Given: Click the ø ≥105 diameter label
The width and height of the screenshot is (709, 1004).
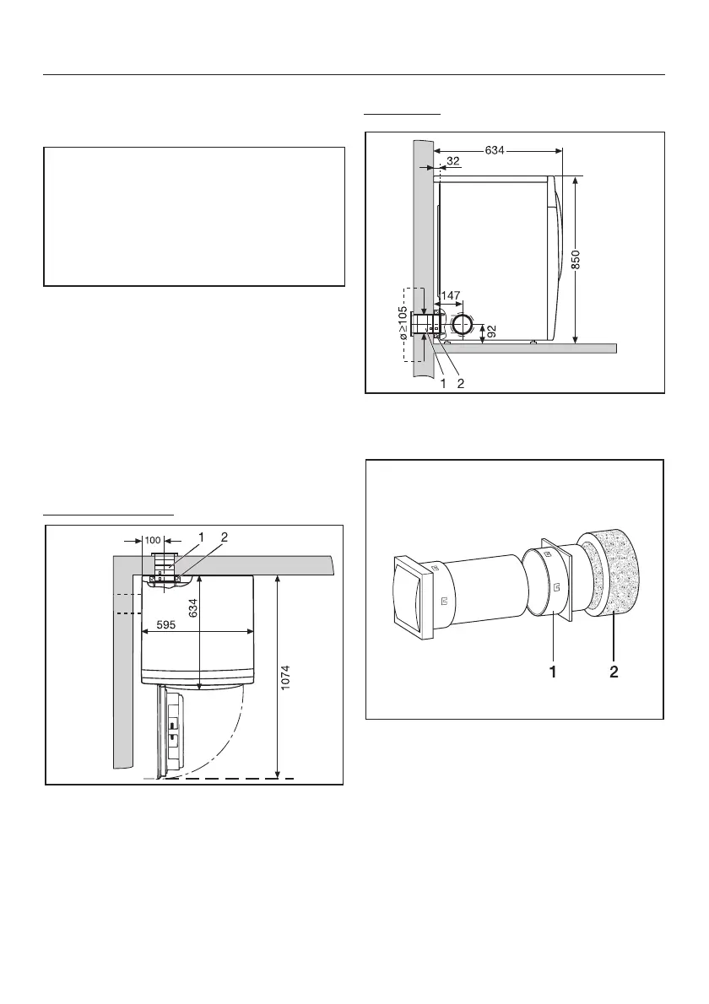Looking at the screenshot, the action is point(403,322).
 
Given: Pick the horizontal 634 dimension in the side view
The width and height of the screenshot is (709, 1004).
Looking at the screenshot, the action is point(497,151).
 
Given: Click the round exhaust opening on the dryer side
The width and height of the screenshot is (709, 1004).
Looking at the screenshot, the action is point(463,326).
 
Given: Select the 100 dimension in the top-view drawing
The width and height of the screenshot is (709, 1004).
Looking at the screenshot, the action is point(153,539).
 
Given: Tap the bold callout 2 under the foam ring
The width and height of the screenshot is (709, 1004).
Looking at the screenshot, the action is point(614,672).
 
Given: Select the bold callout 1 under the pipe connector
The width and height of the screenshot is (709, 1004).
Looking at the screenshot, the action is point(554,672).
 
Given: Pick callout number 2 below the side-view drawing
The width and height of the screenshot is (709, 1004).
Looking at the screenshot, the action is point(462,384).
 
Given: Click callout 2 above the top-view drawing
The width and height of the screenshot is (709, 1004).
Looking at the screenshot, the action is point(224,537).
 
